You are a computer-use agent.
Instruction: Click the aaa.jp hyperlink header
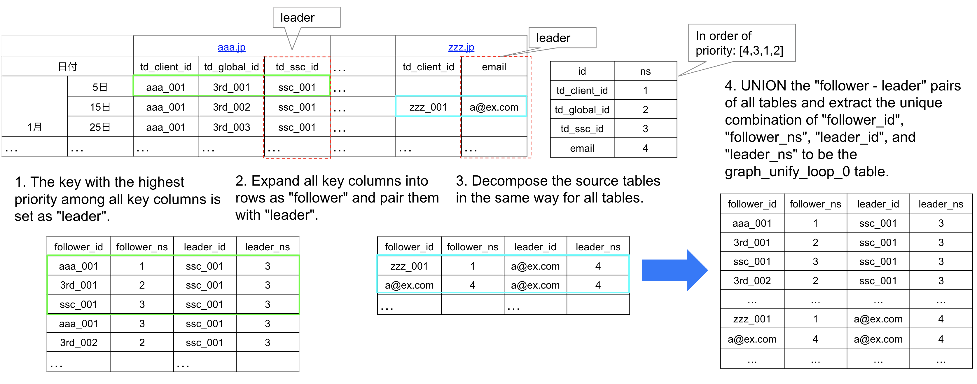click(231, 48)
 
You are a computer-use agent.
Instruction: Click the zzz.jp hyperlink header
click(461, 48)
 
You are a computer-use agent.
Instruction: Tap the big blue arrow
click(674, 270)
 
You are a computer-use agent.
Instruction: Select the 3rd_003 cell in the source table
click(231, 127)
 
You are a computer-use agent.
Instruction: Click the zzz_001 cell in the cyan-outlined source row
click(428, 107)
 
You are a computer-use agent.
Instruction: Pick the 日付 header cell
click(67, 67)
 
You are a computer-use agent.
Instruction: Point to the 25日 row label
click(100, 127)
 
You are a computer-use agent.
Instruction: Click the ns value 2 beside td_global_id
click(645, 110)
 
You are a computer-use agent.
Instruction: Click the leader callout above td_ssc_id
click(306, 18)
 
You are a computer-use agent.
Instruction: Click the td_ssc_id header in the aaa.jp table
click(297, 67)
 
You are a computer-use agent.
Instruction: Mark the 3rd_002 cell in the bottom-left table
click(78, 343)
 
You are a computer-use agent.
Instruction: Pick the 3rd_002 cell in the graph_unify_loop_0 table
click(752, 281)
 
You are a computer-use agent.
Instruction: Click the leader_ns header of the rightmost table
click(941, 204)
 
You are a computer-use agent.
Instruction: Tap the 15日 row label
click(100, 107)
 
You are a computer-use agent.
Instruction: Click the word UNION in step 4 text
click(763, 86)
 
